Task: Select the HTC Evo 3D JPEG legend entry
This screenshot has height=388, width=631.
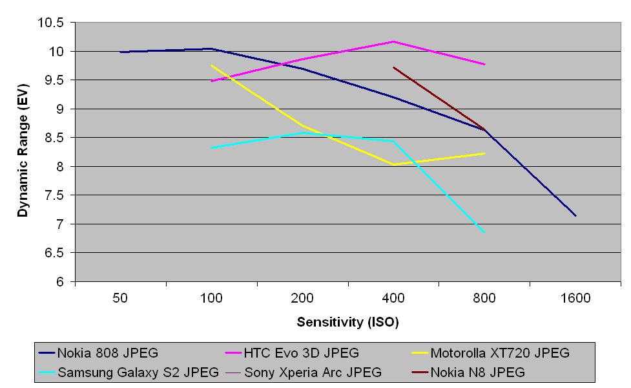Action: coord(301,353)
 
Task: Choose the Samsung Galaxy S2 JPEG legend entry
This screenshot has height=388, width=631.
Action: coord(138,372)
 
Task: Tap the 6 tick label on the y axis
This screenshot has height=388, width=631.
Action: coord(61,282)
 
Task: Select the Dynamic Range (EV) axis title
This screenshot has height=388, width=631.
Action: coord(23,152)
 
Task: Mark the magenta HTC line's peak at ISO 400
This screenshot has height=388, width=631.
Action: coord(393,41)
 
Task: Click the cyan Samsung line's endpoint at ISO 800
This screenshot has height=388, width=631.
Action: coord(484,232)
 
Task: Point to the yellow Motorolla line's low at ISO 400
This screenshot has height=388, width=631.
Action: coord(393,164)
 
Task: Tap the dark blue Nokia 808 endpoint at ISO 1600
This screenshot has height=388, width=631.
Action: coord(575,216)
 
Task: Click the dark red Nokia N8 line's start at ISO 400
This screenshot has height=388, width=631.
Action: coord(393,67)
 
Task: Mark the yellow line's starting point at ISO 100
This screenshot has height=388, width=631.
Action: coord(212,65)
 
